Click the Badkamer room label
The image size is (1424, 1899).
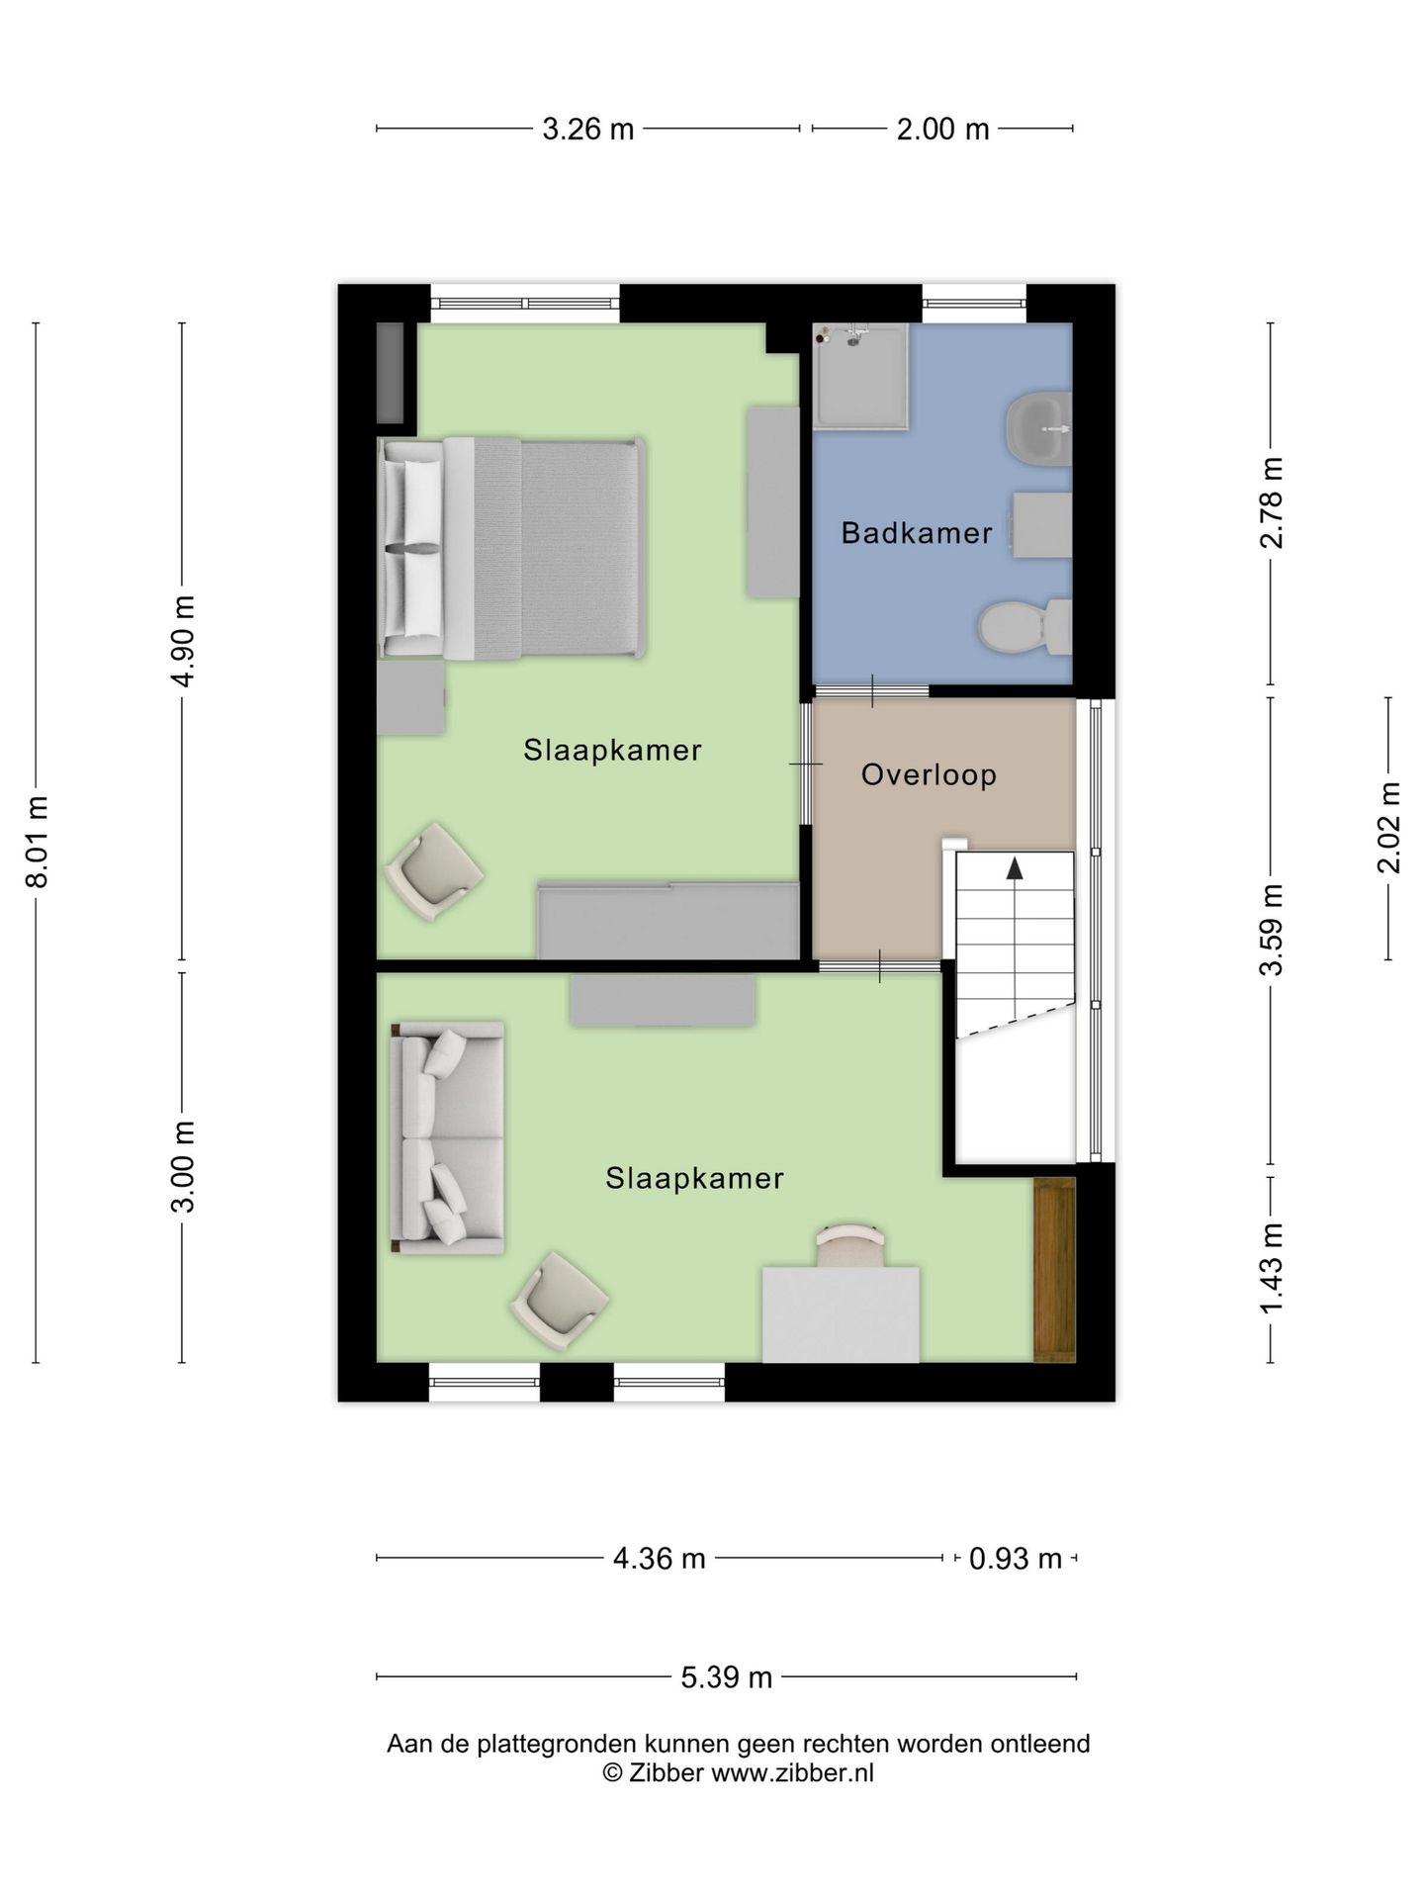916,533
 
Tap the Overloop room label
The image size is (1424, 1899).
929,774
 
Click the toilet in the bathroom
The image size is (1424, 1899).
1023,627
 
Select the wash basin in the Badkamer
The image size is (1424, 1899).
1038,428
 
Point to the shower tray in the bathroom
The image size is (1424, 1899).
859,378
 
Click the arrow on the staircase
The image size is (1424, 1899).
1015,867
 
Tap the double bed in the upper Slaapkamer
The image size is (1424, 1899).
512,549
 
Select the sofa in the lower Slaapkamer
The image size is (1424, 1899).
448,1138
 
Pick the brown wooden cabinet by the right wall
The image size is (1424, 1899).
1054,1269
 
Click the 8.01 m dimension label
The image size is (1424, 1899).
37,841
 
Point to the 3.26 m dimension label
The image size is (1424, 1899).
587,129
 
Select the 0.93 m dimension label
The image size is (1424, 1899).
1015,1559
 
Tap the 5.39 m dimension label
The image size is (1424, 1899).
726,1677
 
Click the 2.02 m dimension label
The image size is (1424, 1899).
1388,827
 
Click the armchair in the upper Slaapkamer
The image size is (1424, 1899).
433,871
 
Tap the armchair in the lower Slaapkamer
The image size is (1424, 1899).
559,1301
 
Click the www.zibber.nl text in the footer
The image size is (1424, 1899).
792,1773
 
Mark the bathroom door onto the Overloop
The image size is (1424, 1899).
870,690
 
